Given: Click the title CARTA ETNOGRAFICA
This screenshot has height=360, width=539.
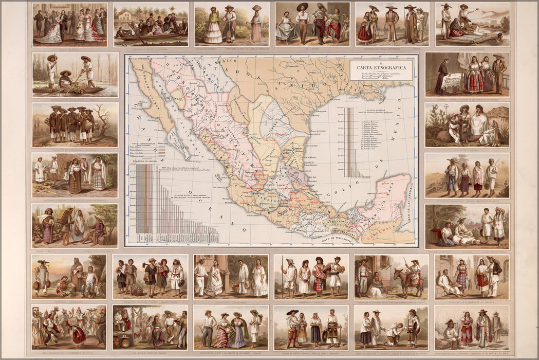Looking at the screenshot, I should [381, 67].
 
